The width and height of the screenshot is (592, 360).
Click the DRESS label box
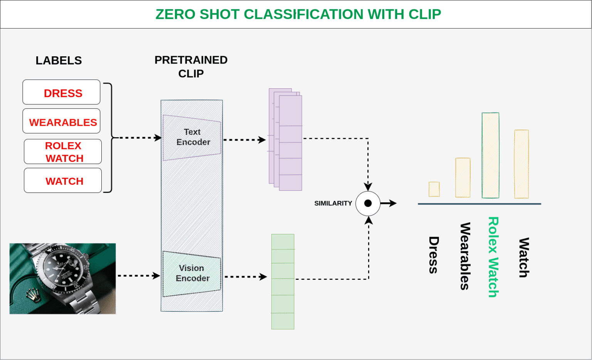point(61,93)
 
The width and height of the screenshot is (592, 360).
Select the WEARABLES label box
point(61,121)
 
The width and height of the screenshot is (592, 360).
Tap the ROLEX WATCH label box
point(63,152)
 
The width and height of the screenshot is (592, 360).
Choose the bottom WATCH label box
point(63,181)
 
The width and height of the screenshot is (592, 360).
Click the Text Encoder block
point(192,137)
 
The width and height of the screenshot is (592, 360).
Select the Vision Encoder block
point(192,273)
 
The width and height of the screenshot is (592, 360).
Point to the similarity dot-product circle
point(368,204)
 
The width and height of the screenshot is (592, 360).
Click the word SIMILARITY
point(333,204)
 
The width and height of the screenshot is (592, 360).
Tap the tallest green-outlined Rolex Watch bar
point(490,155)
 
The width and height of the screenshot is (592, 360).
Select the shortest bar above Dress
point(434,189)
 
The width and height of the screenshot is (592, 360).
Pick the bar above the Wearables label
point(462,178)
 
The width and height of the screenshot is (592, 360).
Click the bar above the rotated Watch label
point(521,164)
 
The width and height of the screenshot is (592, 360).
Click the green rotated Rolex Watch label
point(493,257)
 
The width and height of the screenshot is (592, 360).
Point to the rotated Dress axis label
point(434,255)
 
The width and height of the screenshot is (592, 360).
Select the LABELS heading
point(59,61)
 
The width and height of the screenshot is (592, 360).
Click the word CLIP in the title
point(425,14)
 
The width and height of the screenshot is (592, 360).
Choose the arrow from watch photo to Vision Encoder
point(138,276)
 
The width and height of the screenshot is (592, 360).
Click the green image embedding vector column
point(283,282)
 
